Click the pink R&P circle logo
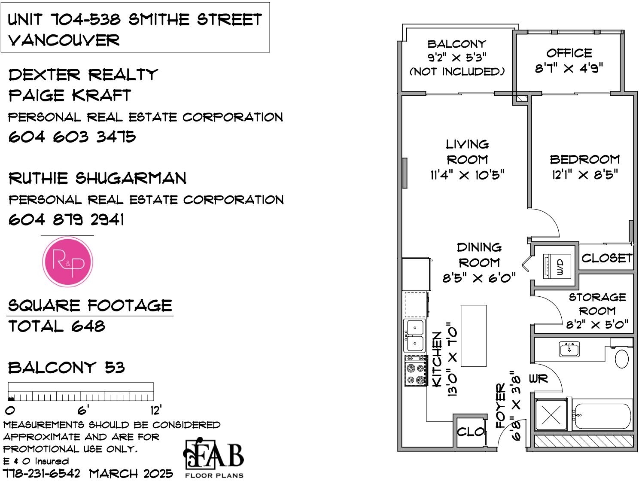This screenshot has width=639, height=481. click(67, 262)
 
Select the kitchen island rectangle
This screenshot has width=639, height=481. click(473, 336)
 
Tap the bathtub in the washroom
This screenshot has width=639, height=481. click(603, 416)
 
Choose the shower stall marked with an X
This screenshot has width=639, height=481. click(551, 414)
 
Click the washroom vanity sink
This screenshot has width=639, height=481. click(569, 349)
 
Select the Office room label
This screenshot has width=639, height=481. click(569, 53)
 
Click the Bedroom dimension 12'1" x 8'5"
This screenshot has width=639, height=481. click(585, 175)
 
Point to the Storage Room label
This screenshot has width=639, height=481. click(597, 304)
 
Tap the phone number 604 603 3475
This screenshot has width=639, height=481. click(72, 137)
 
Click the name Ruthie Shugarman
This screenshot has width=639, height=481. click(97, 178)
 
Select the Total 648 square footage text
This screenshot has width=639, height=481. click(57, 326)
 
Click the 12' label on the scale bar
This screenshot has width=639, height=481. click(156, 410)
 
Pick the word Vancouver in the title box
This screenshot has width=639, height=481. click(64, 40)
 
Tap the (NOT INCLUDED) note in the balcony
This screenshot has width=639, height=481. click(457, 72)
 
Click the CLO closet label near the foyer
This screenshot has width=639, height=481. click(470, 432)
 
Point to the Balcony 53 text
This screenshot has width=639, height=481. click(67, 368)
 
